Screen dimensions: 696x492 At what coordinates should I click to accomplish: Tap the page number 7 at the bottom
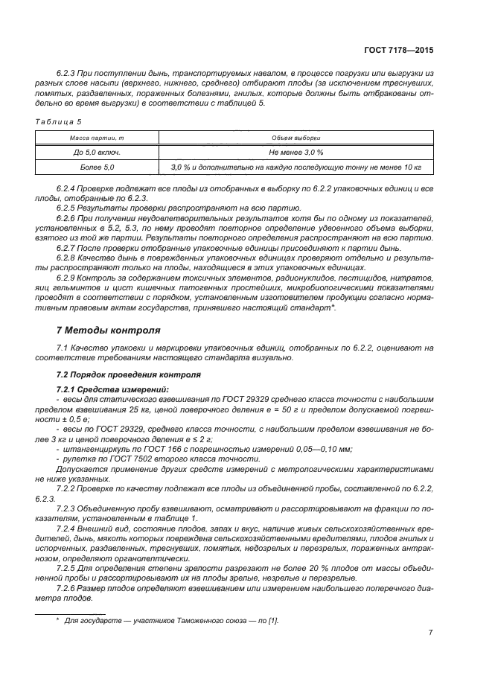coord(431,633)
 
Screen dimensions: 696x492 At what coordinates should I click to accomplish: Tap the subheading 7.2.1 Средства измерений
coord(103,389)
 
